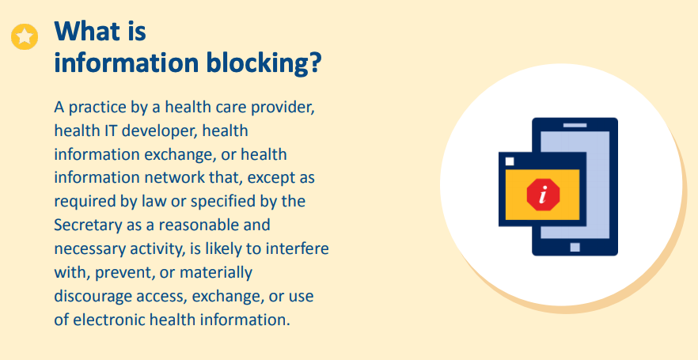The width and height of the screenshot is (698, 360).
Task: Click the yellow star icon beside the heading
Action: [25, 37]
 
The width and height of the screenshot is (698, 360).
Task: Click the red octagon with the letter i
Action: [543, 193]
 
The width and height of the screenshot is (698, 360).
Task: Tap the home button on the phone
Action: [575, 248]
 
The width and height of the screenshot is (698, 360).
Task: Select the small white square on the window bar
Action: [510, 161]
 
